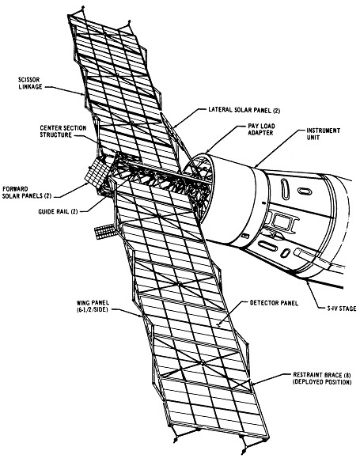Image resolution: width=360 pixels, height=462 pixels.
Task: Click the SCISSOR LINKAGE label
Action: click(30, 83)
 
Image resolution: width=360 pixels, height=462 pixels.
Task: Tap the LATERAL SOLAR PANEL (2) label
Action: click(244, 110)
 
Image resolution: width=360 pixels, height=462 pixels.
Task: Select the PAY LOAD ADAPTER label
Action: click(261, 130)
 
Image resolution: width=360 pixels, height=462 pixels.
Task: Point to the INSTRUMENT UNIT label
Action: click(323, 134)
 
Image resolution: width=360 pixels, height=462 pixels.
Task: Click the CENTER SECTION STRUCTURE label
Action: click(63, 131)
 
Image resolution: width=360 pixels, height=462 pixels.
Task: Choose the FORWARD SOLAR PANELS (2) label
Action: click(27, 192)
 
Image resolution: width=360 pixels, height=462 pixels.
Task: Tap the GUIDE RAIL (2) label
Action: click(58, 211)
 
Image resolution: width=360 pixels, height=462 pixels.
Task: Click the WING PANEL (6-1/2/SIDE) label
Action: click(93, 306)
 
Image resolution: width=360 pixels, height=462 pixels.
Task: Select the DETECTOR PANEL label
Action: click(274, 303)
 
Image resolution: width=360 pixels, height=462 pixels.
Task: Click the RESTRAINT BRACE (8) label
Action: click(322, 375)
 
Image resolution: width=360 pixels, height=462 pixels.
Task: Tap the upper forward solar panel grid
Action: click(98, 172)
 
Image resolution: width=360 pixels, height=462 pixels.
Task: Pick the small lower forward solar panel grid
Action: click(105, 231)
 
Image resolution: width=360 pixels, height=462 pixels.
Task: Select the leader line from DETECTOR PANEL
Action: click(229, 313)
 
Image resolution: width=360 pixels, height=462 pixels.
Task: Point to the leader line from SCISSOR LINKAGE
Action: click(65, 90)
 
